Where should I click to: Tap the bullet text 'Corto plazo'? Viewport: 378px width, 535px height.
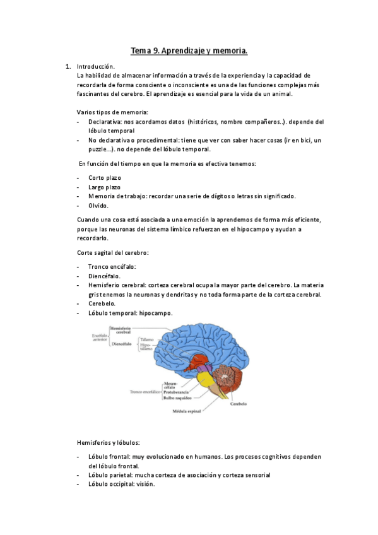105,178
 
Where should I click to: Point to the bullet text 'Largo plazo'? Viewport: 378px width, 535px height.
105,187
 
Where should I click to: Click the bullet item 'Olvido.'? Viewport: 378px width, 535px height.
98,206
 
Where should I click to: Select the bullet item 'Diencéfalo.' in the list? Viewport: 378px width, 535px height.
104,276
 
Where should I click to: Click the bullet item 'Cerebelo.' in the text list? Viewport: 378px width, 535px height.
102,303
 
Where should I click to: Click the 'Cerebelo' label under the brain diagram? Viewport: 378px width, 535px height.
239,403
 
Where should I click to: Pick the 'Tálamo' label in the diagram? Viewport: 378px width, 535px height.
146,339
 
